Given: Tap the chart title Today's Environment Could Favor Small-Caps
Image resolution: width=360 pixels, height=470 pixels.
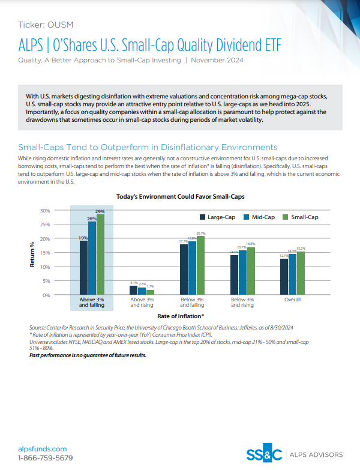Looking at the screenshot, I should (179, 196).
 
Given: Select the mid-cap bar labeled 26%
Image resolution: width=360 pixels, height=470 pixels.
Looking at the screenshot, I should (92, 258).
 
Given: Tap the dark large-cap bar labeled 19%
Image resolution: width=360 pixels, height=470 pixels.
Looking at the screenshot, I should (83, 268).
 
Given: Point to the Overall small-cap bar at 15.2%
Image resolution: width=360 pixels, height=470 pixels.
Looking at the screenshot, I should (301, 273).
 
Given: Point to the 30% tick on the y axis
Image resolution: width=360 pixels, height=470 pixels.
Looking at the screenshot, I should (44, 211).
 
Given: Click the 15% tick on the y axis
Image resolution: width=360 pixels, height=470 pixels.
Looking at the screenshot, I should (44, 253).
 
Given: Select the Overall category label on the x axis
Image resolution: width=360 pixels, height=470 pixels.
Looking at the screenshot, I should (293, 299).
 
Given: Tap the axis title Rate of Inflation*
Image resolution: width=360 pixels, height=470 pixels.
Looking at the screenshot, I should (181, 316).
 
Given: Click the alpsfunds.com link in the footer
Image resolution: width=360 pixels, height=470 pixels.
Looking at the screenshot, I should (43, 448).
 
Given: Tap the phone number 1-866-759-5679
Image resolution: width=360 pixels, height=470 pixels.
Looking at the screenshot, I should (46, 458).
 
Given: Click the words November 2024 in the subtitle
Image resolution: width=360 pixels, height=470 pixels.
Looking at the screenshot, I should (218, 61).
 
